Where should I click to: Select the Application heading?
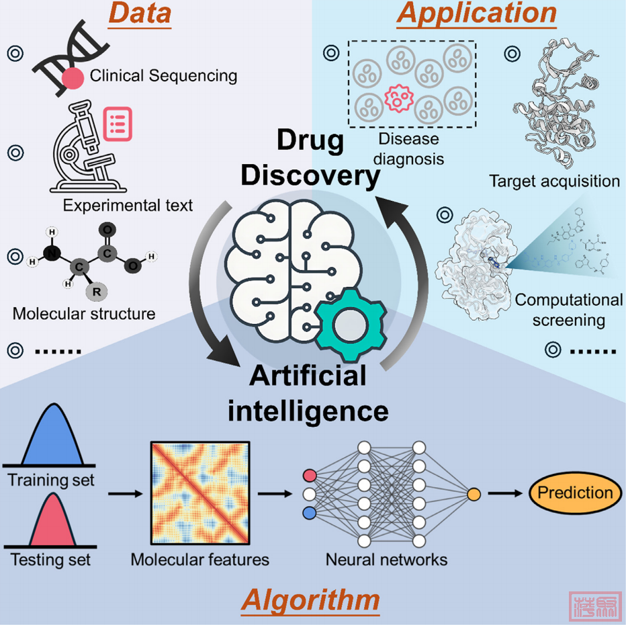point(477,14)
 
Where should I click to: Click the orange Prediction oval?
point(575,493)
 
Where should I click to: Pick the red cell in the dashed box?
point(397,99)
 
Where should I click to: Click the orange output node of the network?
point(474,495)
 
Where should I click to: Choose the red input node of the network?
point(310,476)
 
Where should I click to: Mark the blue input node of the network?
point(310,513)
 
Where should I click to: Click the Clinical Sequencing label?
point(163,75)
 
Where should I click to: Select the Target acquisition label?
point(553,181)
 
